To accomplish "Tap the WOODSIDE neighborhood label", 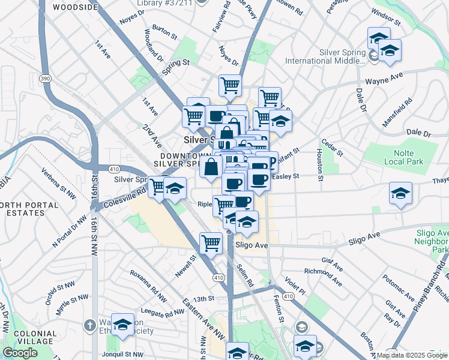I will coord(74,7).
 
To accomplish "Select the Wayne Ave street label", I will coord(384,79).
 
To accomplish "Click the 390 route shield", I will coord(45,79).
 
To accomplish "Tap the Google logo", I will coord(20,353).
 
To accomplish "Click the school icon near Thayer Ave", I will coord(400,193).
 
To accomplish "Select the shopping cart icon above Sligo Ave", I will coord(211,243).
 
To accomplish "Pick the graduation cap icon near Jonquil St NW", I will coord(123,324).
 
